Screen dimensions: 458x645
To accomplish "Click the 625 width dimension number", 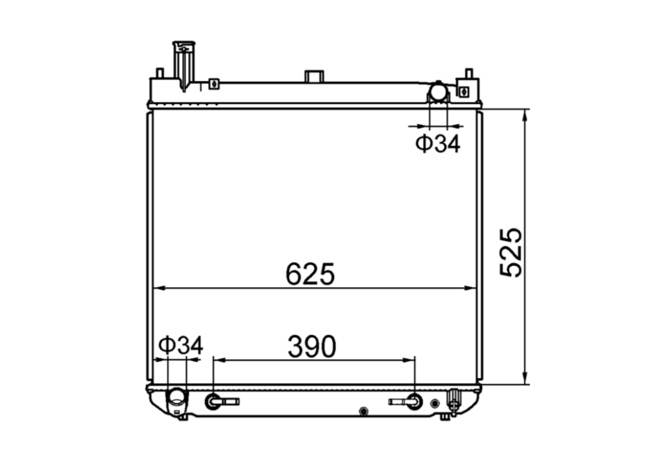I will coord(310,274).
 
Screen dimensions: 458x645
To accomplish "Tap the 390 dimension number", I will coord(312,345).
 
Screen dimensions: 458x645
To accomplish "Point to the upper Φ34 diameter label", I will coord(438,143).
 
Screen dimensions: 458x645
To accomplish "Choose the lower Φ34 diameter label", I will coord(180,345).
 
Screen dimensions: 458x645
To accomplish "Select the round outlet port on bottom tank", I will coord(177,398).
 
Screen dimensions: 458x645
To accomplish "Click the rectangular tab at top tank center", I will coord(314,76).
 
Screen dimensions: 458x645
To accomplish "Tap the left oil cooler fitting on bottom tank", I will coord(214,401).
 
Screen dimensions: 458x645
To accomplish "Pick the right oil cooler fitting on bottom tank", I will coord(414,401).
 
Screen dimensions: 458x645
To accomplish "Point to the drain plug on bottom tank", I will coord(454,399).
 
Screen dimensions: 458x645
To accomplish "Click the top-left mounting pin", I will coord(159,72).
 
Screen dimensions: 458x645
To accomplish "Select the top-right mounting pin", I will coord(468,73).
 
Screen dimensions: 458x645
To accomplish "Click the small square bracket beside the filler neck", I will coord(213,84).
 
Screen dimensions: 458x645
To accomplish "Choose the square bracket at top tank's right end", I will coord(463,89).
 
